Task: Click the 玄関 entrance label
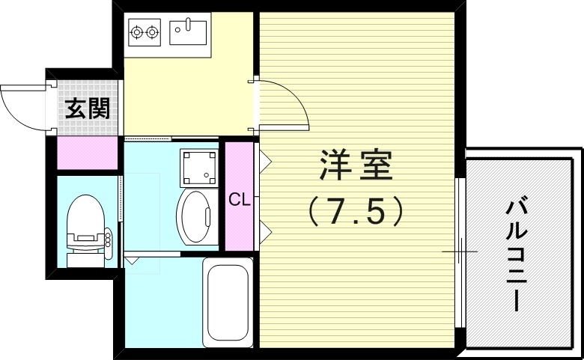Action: [x=88, y=109]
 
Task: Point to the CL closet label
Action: [x=239, y=200]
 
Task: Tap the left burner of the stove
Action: [x=137, y=32]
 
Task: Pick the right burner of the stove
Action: [x=153, y=32]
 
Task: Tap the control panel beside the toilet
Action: [x=108, y=239]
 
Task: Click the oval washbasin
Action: [x=197, y=216]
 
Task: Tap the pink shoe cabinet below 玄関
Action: [x=87, y=153]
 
